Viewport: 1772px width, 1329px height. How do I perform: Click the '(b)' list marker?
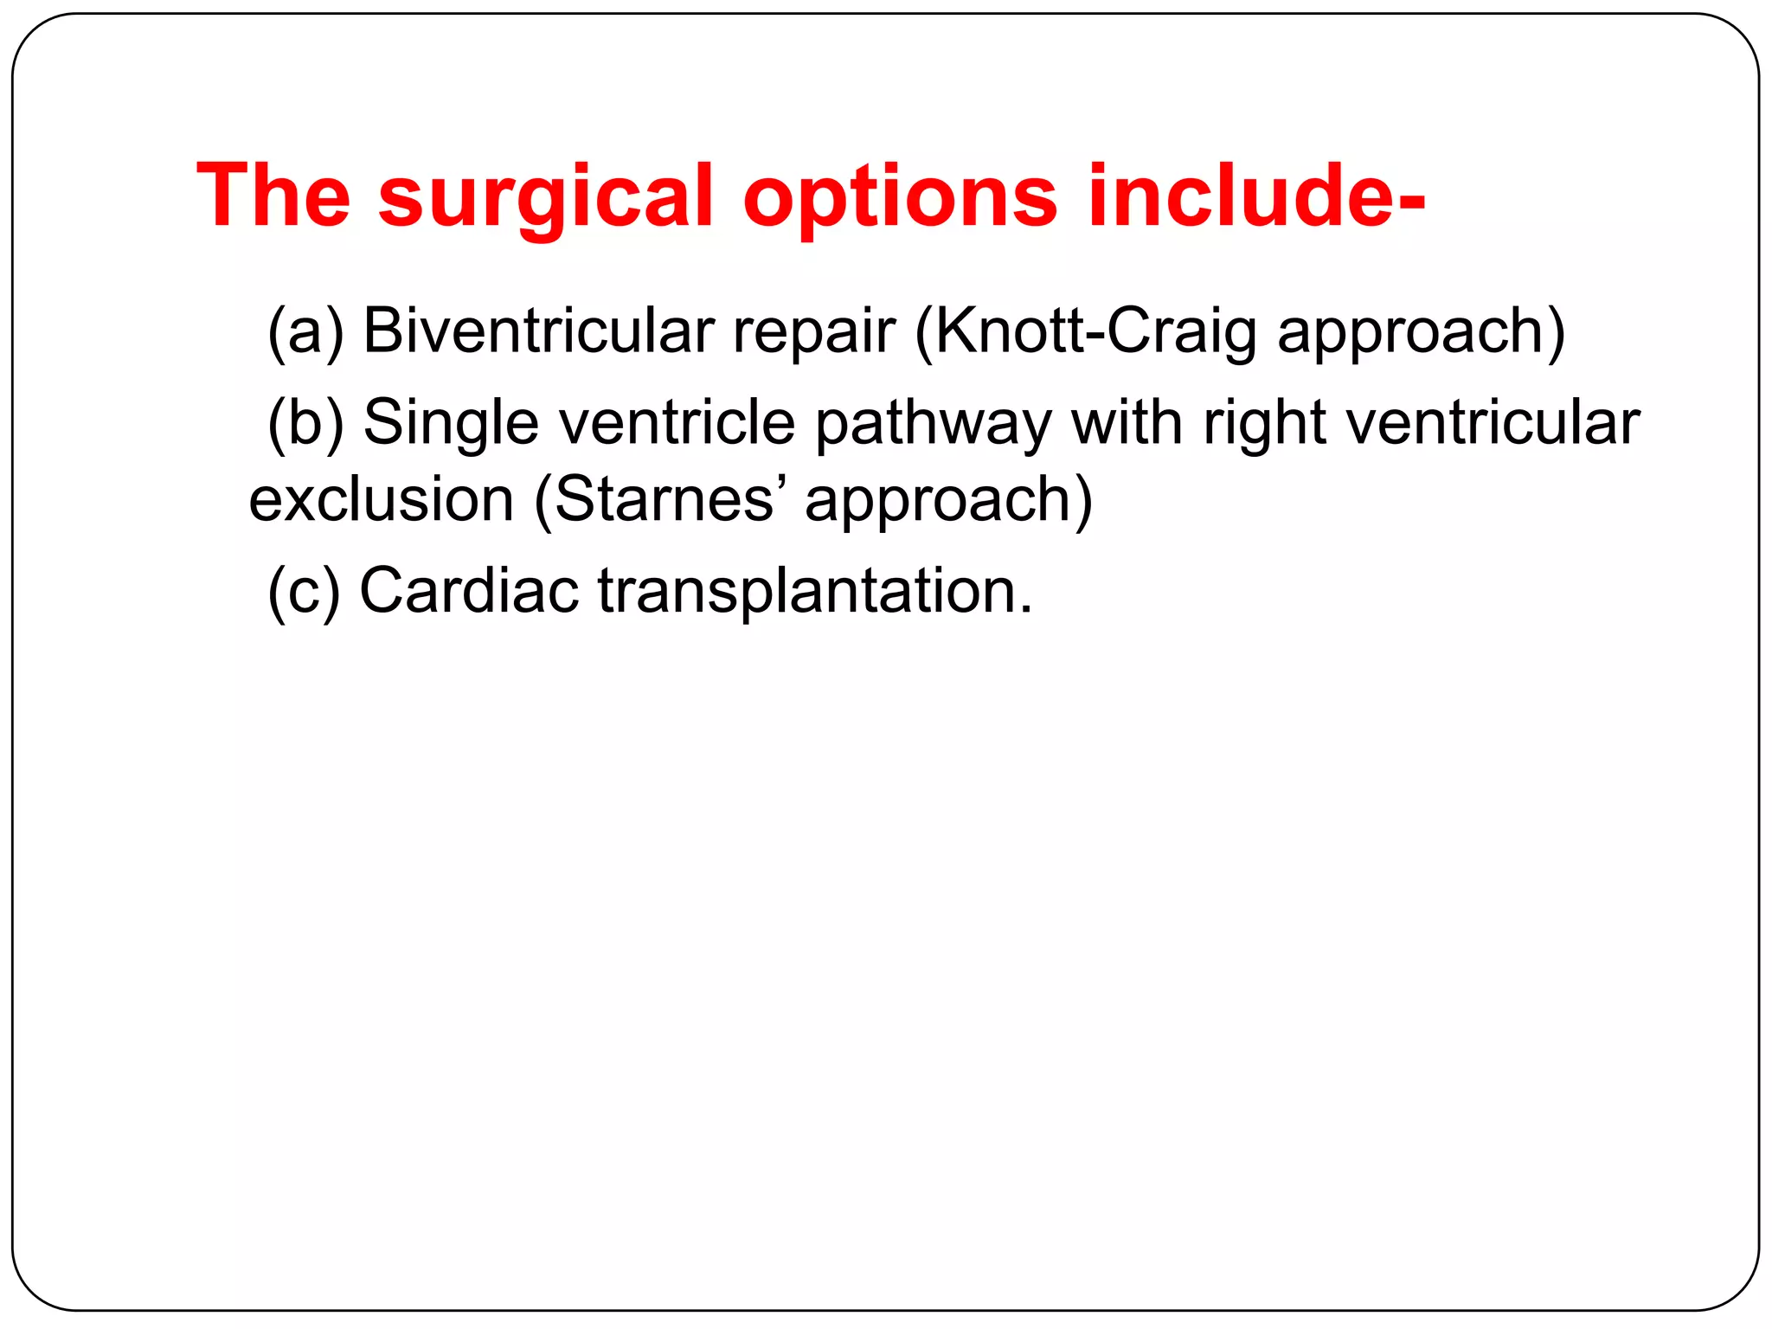coord(305,423)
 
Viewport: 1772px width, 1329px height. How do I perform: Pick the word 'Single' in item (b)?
coord(450,423)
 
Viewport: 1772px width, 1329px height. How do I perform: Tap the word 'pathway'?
coord(933,423)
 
